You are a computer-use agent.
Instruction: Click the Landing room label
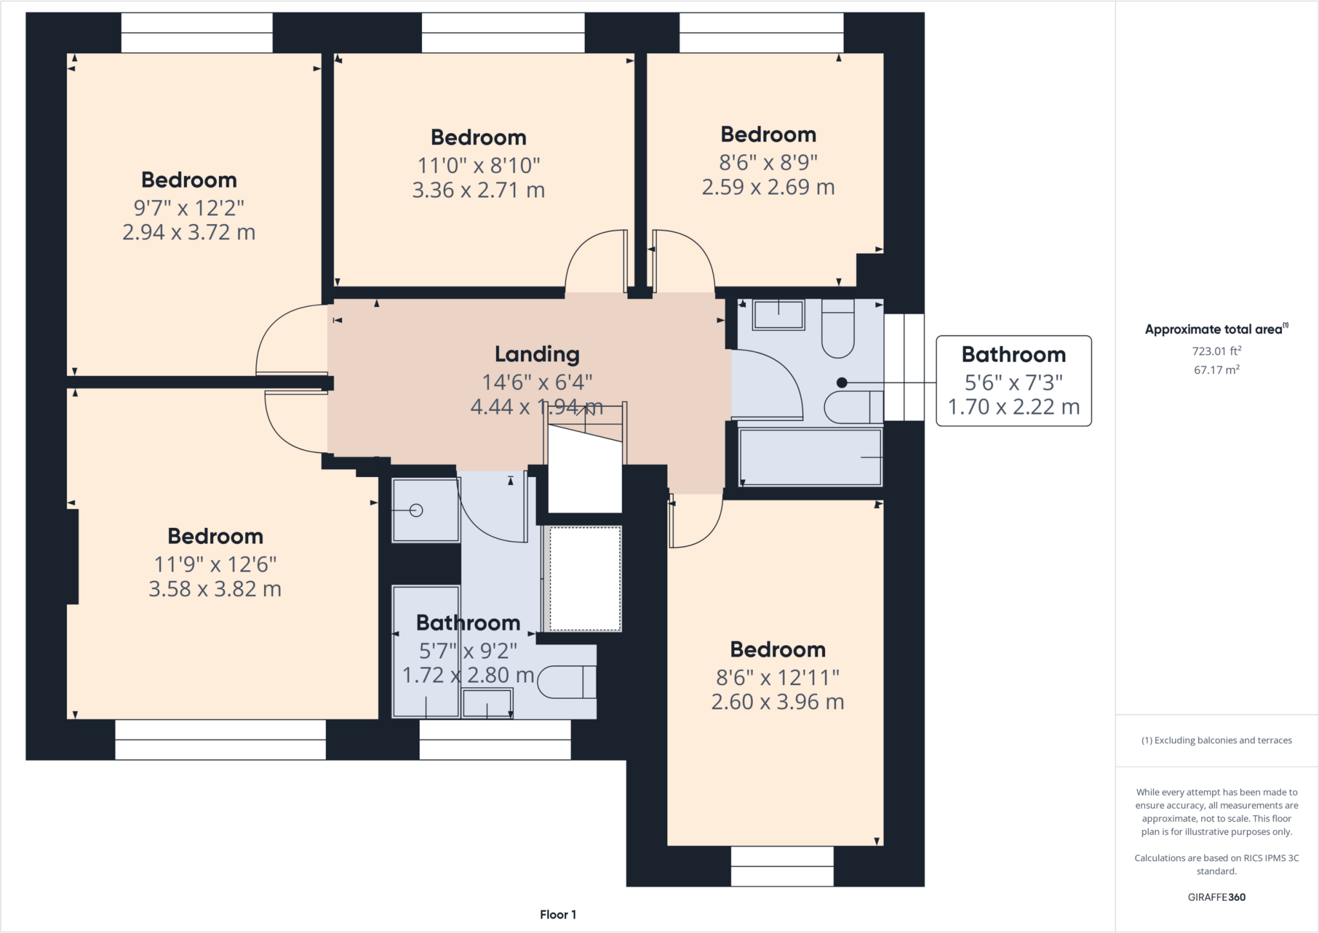pyautogui.click(x=536, y=354)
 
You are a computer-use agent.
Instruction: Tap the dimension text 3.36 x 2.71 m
pyautogui.click(x=479, y=190)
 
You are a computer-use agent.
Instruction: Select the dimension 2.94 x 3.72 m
pyautogui.click(x=189, y=232)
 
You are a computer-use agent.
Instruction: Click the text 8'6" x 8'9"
pyautogui.click(x=768, y=162)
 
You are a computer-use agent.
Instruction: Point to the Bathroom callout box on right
pyautogui.click(x=1013, y=381)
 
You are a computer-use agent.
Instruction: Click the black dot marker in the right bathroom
pyautogui.click(x=841, y=382)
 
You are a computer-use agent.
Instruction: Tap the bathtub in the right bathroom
pyautogui.click(x=810, y=457)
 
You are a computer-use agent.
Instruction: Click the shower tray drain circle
pyautogui.click(x=416, y=511)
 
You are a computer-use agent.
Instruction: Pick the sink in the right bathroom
pyautogui.click(x=778, y=315)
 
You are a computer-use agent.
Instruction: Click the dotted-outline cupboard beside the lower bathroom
pyautogui.click(x=584, y=578)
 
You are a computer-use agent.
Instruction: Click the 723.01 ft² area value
pyautogui.click(x=1216, y=351)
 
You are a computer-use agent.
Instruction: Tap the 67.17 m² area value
pyautogui.click(x=1216, y=370)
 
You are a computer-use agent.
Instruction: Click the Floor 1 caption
pyautogui.click(x=558, y=914)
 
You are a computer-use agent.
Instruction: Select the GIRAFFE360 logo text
pyautogui.click(x=1216, y=897)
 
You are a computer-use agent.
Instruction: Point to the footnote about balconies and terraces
pyautogui.click(x=1216, y=740)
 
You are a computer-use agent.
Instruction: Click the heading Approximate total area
pyautogui.click(x=1215, y=329)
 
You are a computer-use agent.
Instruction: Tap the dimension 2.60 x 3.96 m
pyautogui.click(x=777, y=702)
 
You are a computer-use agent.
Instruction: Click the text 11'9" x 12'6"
pyautogui.click(x=215, y=565)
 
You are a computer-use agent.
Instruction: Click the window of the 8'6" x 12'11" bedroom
pyautogui.click(x=782, y=866)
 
